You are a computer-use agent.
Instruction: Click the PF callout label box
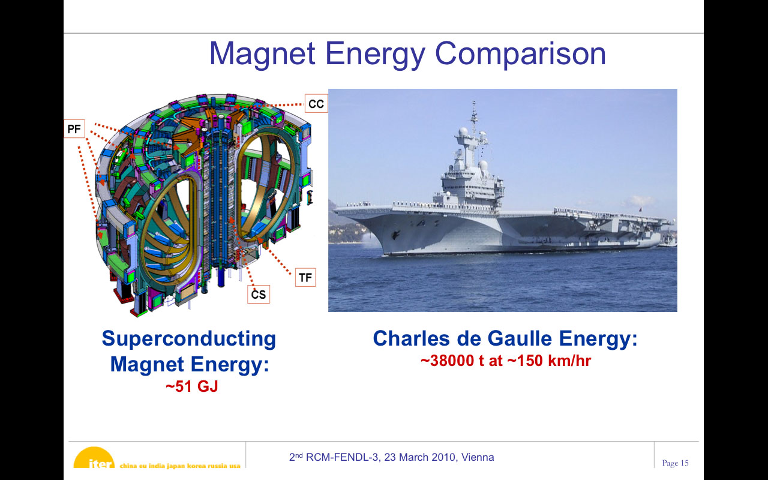pos(74,129)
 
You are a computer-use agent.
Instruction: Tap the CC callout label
pos(316,104)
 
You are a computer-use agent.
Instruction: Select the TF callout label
pos(305,277)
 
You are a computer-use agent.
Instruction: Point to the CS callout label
pos(259,294)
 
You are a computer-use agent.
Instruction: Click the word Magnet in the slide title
pos(262,53)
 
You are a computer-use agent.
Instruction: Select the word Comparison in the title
pos(520,55)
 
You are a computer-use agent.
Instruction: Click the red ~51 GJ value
pos(191,386)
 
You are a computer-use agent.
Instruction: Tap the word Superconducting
pos(189,339)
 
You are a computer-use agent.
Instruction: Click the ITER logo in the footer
pos(94,457)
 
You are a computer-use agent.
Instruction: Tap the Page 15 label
pos(675,463)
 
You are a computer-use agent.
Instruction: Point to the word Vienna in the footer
pos(478,457)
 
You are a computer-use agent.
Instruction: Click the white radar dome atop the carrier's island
pos(463,131)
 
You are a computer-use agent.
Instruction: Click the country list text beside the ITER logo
pos(180,466)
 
